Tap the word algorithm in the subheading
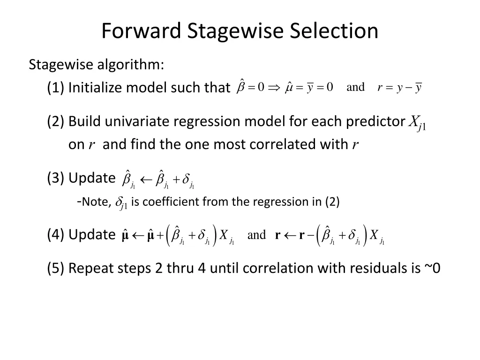pos(130,64)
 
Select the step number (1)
pos(56,88)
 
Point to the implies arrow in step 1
pos(274,88)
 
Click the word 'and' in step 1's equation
pos(355,87)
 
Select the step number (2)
pos(56,121)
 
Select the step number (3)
pos(56,178)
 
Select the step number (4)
pos(56,235)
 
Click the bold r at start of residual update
pos(277,236)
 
